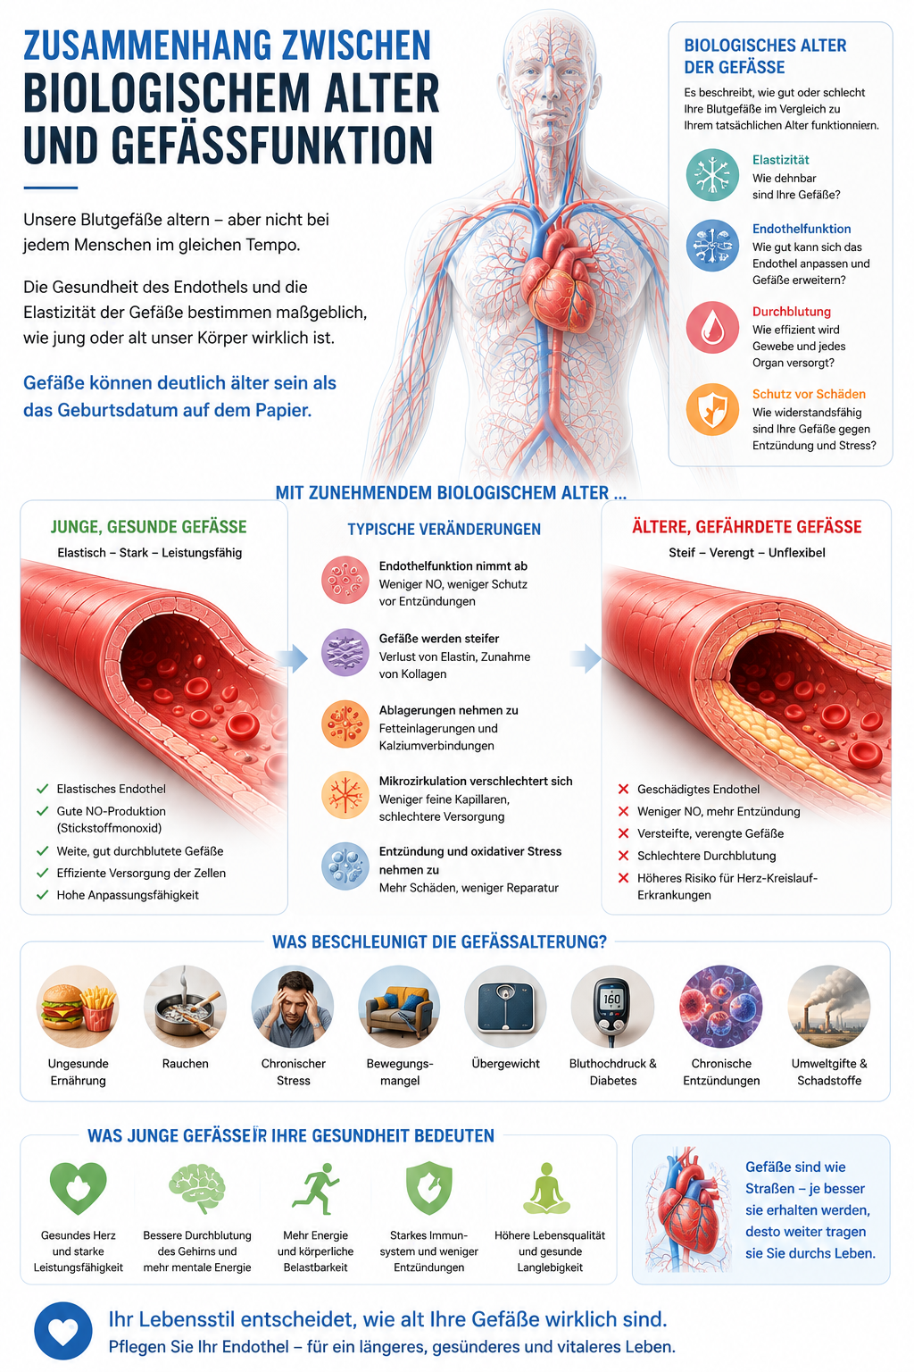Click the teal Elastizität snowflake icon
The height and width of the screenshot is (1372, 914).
click(x=712, y=175)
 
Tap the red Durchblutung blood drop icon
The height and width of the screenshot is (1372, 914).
click(x=712, y=327)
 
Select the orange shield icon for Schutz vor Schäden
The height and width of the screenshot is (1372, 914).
click(x=712, y=409)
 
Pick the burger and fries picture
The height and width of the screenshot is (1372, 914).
click(x=78, y=1007)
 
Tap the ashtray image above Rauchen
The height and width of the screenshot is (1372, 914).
click(x=185, y=1007)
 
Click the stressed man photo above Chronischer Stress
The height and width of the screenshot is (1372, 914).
click(x=293, y=1007)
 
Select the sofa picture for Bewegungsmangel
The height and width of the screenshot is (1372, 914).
click(x=399, y=1007)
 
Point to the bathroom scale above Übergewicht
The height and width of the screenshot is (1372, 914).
click(x=506, y=1007)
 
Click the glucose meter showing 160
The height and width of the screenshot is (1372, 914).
click(x=613, y=1007)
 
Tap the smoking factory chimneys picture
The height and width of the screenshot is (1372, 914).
click(x=829, y=1007)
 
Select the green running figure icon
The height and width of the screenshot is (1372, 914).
click(x=316, y=1189)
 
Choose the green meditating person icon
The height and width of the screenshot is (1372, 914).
click(x=546, y=1188)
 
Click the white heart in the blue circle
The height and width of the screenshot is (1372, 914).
click(x=63, y=1330)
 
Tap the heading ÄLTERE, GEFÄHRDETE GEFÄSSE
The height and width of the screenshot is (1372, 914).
click(x=747, y=527)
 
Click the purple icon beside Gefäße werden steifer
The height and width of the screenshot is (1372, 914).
click(x=345, y=652)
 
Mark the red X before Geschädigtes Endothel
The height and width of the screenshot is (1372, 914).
click(x=623, y=789)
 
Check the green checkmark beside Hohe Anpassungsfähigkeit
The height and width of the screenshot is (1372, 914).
click(x=42, y=895)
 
